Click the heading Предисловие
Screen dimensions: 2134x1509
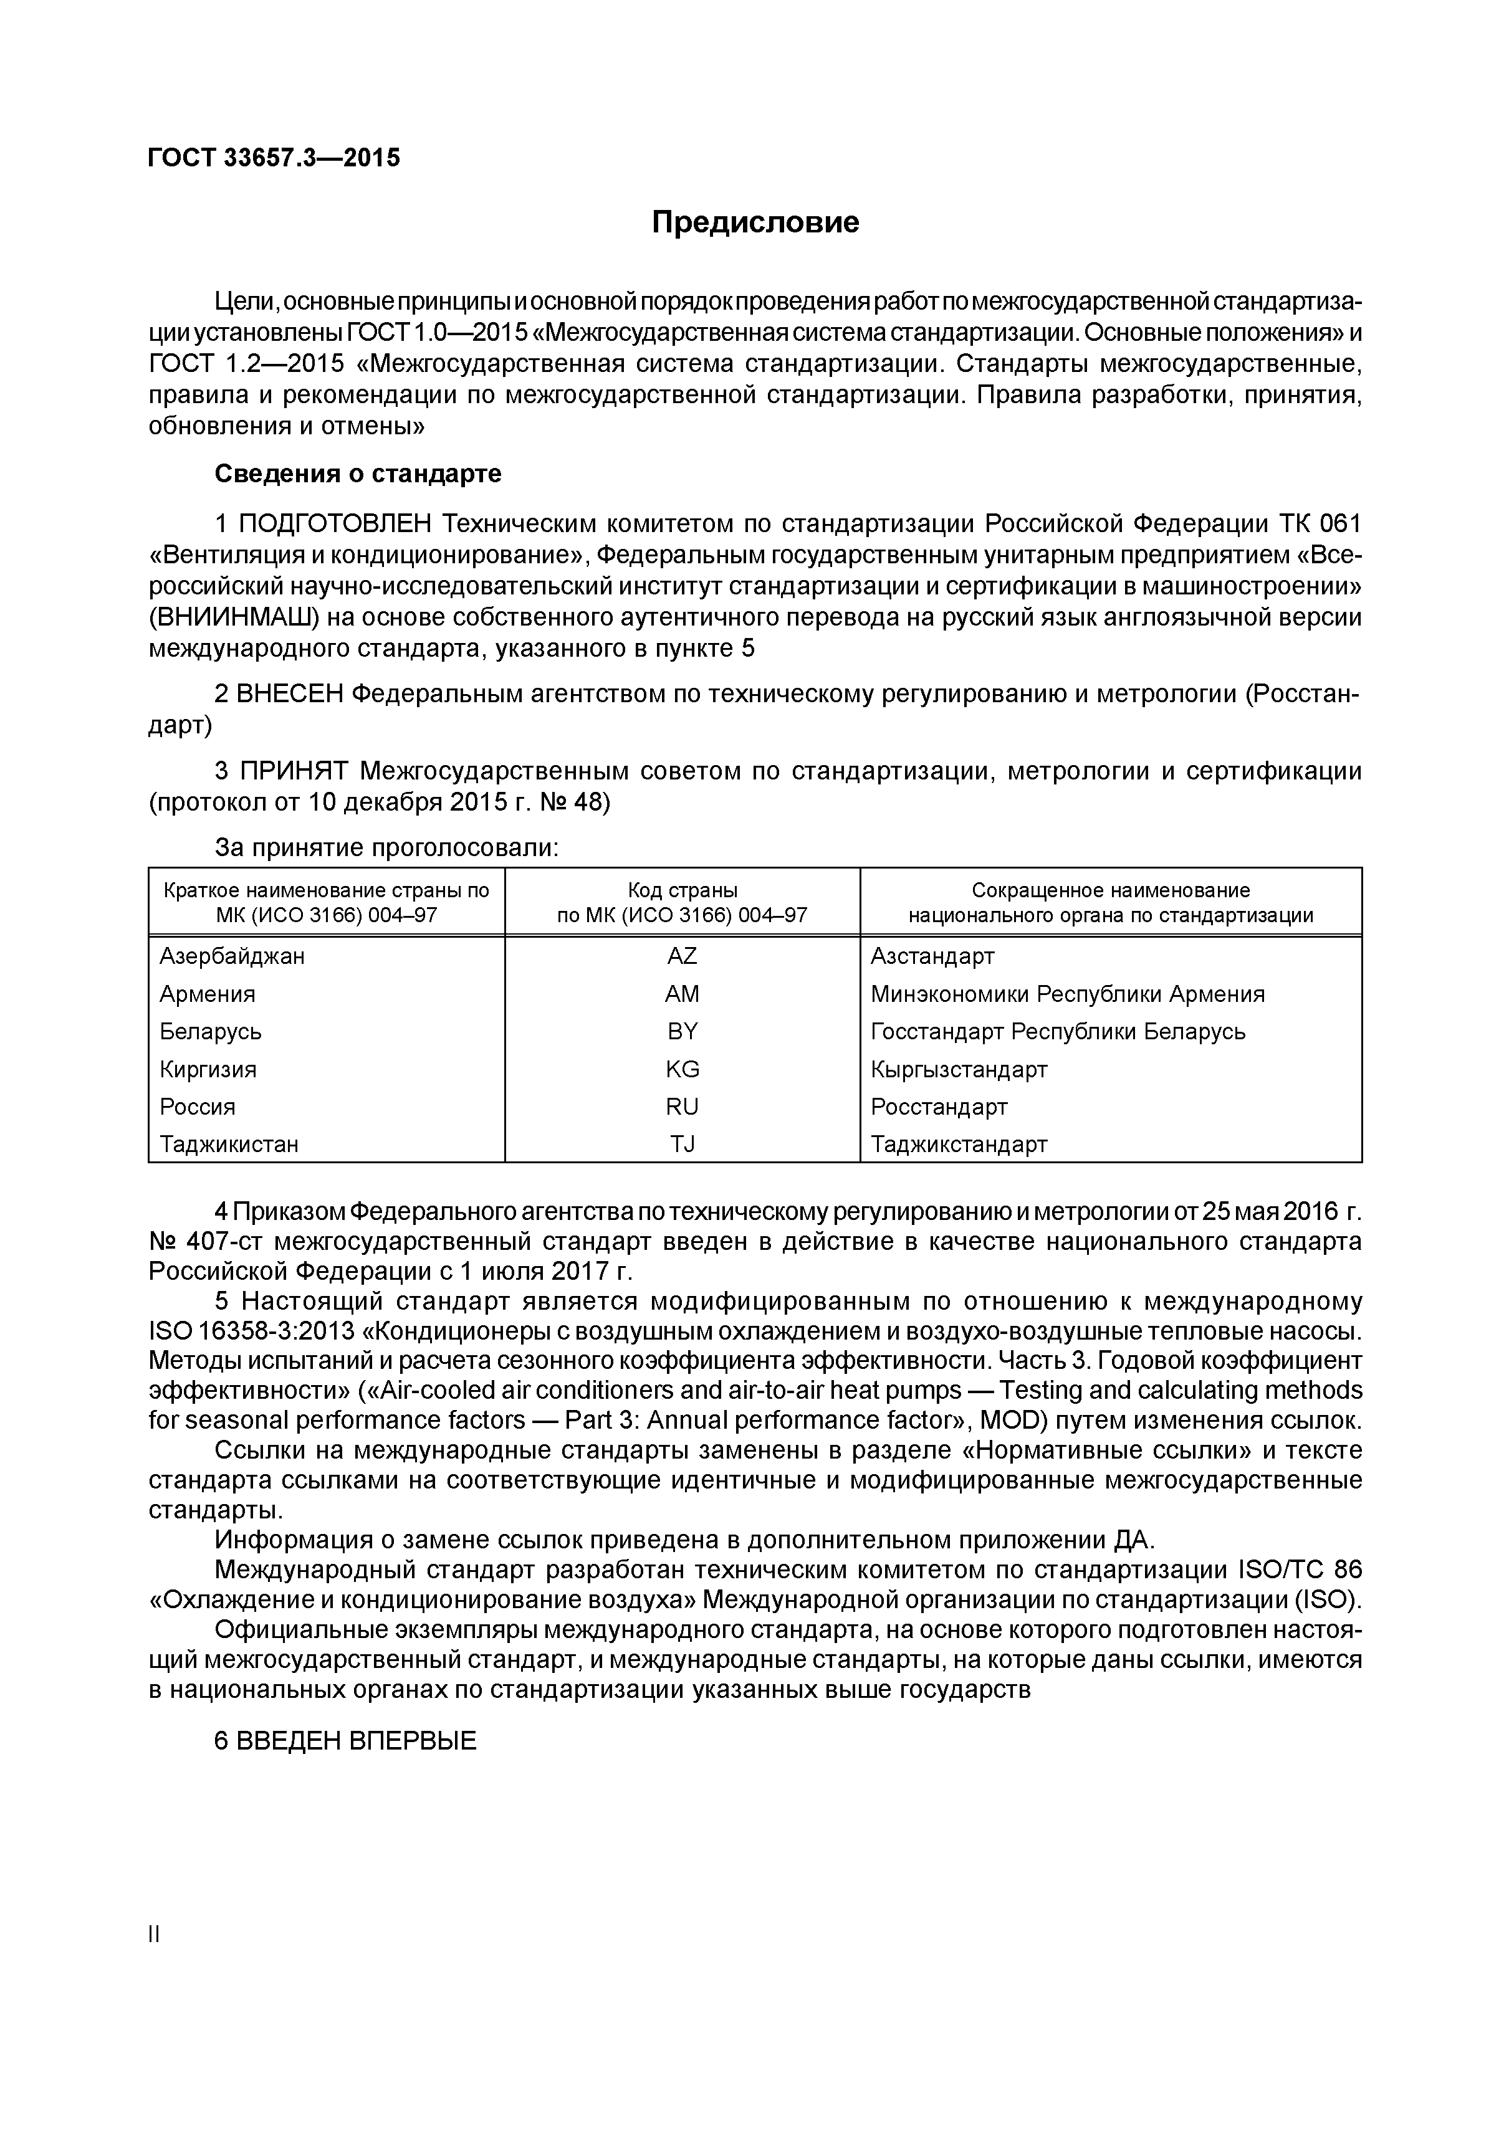pyautogui.click(x=754, y=222)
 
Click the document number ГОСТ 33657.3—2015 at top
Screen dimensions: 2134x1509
pyautogui.click(x=274, y=158)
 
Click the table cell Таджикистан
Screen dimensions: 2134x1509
pyautogui.click(x=229, y=1144)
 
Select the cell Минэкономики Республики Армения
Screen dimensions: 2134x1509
pyautogui.click(x=1066, y=994)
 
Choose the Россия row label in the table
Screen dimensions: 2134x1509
pyautogui.click(x=197, y=1107)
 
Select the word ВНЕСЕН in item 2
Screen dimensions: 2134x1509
pyautogui.click(x=290, y=693)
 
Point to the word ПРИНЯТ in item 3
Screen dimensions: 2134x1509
pyautogui.click(x=294, y=771)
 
